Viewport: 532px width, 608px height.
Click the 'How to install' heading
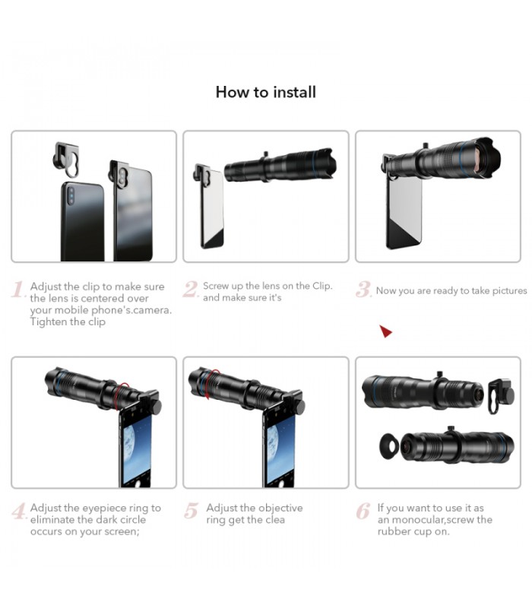tap(266, 92)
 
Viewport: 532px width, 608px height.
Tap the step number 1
tap(18, 290)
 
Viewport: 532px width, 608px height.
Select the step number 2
tap(191, 290)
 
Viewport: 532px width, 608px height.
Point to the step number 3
tap(363, 290)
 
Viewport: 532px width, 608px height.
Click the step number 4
tap(18, 511)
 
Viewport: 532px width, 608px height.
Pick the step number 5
tap(191, 511)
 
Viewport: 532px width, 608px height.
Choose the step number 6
tap(363, 511)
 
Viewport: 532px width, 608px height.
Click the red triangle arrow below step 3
tap(385, 331)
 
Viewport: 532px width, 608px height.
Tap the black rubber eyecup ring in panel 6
tap(389, 447)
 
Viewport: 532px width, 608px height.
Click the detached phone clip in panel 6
tap(501, 396)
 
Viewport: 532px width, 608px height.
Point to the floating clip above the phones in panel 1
tap(67, 160)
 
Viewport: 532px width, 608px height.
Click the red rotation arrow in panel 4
tap(123, 392)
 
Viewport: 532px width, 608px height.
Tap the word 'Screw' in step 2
tap(216, 286)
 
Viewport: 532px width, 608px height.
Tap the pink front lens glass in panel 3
tap(485, 157)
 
